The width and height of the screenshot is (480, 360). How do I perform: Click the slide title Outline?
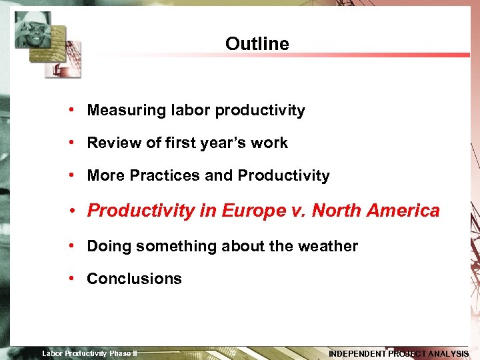[257, 44]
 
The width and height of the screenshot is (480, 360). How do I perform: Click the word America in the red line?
[403, 211]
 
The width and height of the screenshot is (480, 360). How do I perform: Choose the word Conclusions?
[134, 279]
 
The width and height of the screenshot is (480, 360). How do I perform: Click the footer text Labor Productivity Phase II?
[89, 353]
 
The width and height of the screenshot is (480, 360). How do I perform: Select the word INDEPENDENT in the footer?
[357, 354]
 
